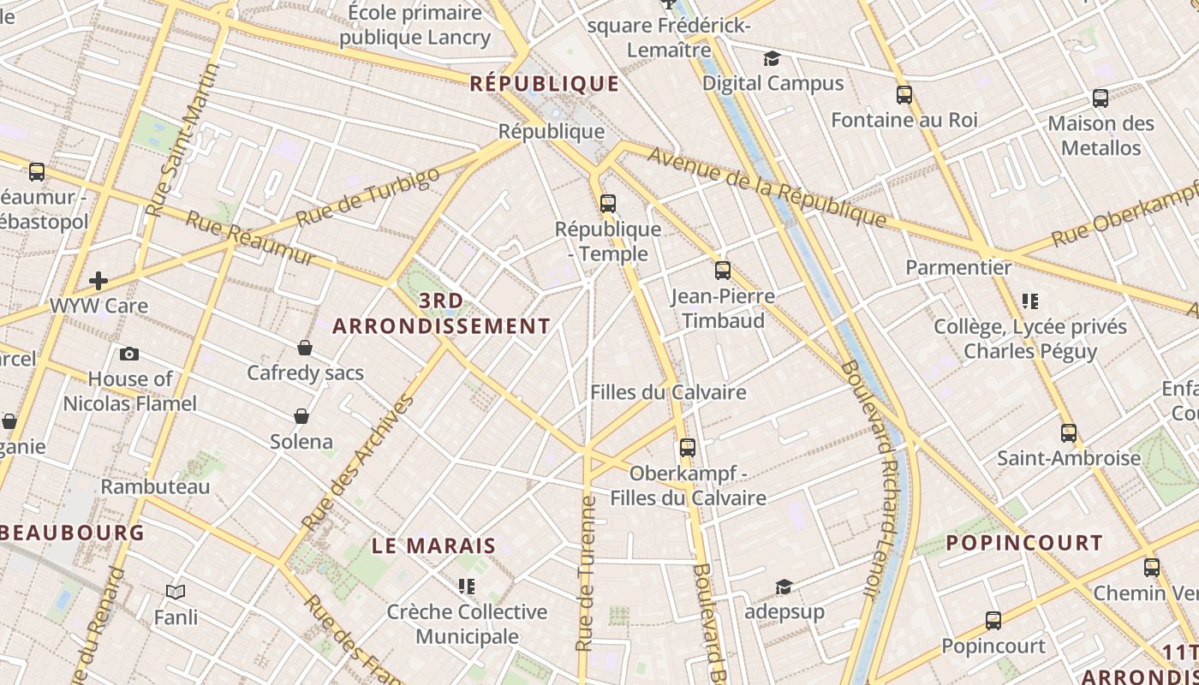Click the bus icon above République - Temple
pyautogui.click(x=608, y=204)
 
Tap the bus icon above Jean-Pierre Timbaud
pyautogui.click(x=723, y=271)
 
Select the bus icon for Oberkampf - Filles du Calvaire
pyautogui.click(x=687, y=447)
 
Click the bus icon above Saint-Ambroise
pyautogui.click(x=1068, y=432)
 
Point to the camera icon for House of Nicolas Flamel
pyautogui.click(x=129, y=354)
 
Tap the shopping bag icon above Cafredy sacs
pyautogui.click(x=305, y=348)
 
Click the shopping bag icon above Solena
pyautogui.click(x=301, y=416)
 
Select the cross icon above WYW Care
pyautogui.click(x=98, y=280)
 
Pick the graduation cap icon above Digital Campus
pyautogui.click(x=772, y=58)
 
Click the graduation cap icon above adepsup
pyautogui.click(x=784, y=587)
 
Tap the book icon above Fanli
pyautogui.click(x=176, y=591)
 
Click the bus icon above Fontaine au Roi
pyautogui.click(x=904, y=94)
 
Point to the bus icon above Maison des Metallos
pyautogui.click(x=1101, y=98)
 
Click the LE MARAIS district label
pyautogui.click(x=434, y=545)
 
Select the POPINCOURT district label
pyautogui.click(x=1024, y=543)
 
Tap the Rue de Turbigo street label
pyautogui.click(x=368, y=198)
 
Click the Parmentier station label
pyautogui.click(x=958, y=267)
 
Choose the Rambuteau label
pyautogui.click(x=155, y=486)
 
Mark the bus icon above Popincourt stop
pyautogui.click(x=993, y=620)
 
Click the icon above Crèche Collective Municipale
pyautogui.click(x=467, y=587)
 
